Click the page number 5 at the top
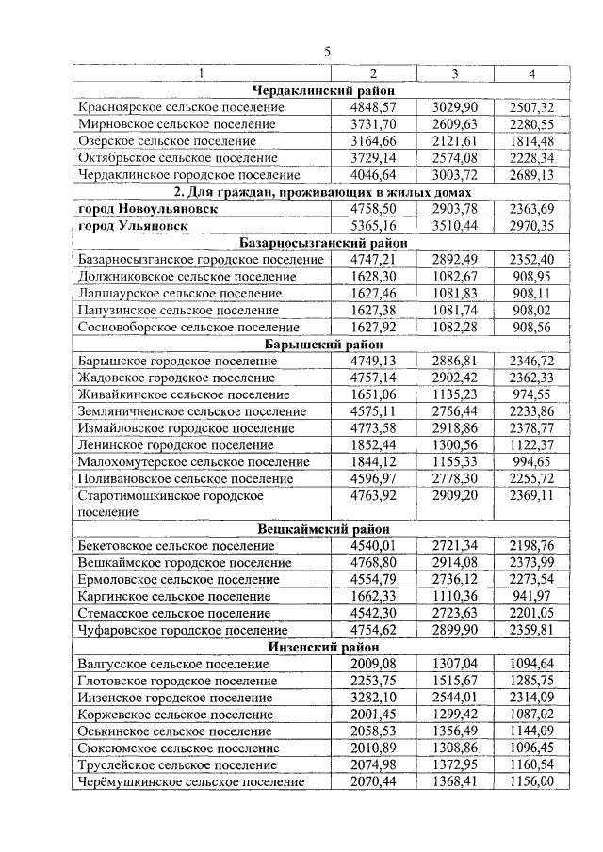[327, 52]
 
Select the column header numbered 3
[455, 74]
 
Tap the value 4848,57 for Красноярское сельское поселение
[373, 107]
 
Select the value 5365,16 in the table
[373, 226]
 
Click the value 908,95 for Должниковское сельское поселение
[533, 276]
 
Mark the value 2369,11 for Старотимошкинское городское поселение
[533, 495]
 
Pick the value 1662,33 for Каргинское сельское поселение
[373, 596]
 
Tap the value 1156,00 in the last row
[533, 781]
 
